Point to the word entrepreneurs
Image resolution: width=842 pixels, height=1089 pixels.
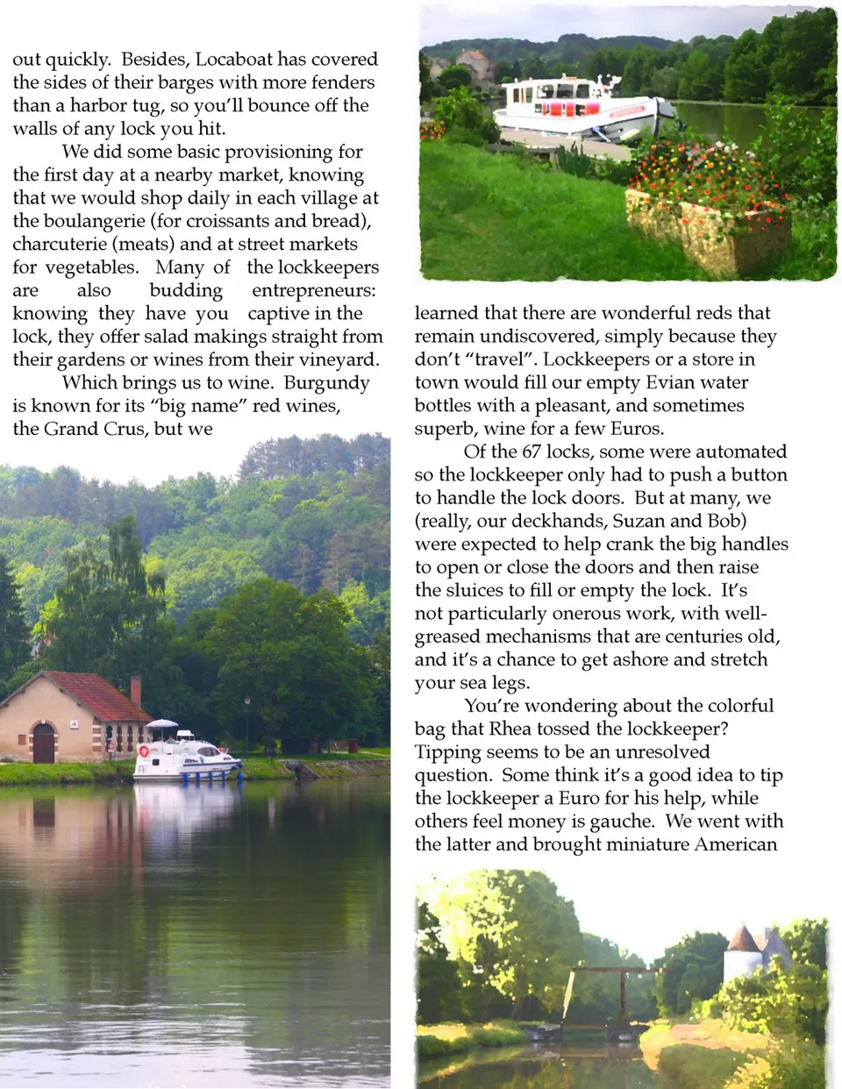point(313,290)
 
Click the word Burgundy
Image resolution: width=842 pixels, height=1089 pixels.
point(326,383)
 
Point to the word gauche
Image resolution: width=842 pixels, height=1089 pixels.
point(622,822)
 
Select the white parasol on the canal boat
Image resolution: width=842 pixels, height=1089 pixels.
point(161,724)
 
